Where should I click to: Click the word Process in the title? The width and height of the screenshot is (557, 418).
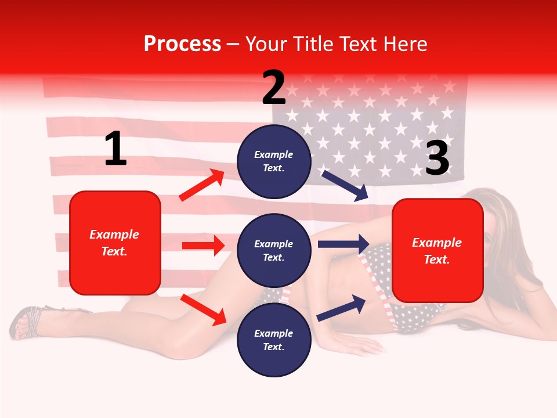point(182,44)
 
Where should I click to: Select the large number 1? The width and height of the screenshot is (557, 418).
point(115,149)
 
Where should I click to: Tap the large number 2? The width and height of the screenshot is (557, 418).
point(274,88)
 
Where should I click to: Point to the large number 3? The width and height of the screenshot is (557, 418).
point(437,158)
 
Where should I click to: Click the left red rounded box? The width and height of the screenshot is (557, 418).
point(115,243)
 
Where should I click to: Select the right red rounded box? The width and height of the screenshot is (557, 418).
point(437,251)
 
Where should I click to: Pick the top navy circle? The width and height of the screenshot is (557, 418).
point(274,161)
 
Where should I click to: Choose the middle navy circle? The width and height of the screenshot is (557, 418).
point(274,250)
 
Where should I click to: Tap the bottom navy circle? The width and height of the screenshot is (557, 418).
point(274,340)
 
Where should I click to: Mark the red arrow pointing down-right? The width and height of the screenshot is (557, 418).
point(203,309)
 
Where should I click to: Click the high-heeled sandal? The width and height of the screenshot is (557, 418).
point(26,322)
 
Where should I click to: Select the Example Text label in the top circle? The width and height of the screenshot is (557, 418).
point(274,161)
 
